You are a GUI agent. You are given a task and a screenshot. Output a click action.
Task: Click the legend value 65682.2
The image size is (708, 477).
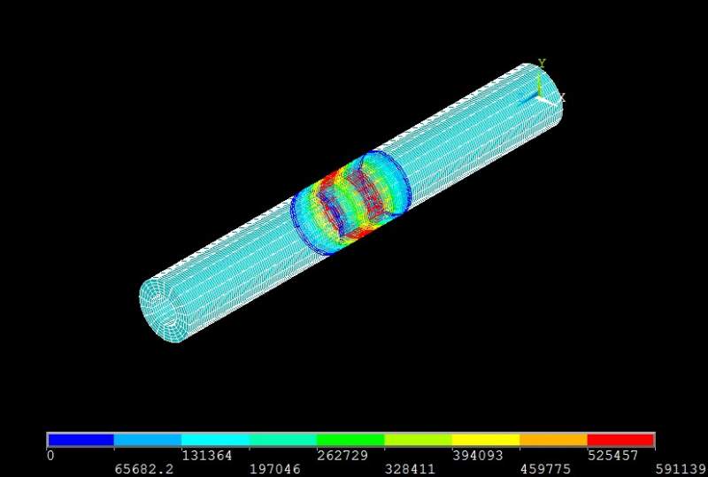(x=143, y=469)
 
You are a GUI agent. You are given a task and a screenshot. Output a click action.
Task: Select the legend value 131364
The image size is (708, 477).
(x=207, y=455)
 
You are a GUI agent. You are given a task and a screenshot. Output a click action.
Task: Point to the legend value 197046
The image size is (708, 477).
(x=275, y=469)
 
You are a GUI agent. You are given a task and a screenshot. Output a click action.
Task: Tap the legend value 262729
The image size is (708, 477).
(x=342, y=455)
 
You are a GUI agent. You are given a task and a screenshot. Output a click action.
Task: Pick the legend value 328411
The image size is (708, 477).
(x=410, y=469)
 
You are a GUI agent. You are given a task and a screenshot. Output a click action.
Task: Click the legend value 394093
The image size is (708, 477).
(x=478, y=455)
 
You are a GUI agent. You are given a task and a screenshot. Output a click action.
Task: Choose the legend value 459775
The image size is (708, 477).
(x=545, y=469)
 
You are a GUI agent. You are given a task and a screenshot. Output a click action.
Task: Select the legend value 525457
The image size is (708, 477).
(x=613, y=455)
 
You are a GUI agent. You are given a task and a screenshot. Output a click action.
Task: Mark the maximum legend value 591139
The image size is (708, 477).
(x=681, y=469)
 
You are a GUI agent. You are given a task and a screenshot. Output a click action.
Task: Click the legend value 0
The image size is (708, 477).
(x=50, y=455)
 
